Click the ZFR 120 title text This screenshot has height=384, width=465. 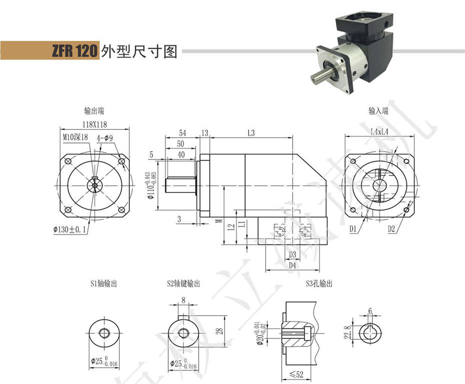pos(74,51)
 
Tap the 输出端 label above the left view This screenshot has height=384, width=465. pos(94,111)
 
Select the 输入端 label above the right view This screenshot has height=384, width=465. pos(378,111)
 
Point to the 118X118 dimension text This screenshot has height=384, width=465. pos(94,124)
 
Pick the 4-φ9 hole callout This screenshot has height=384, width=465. pos(105,136)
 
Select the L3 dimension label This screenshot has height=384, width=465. pos(251,133)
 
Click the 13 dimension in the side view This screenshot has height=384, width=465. pos(204,133)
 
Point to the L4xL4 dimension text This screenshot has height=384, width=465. pos(380,131)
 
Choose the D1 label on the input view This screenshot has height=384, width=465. pos(353,229)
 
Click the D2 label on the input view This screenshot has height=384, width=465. pos(392,229)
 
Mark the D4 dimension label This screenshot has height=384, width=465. pos(292,265)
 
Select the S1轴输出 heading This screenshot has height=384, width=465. pos(104,284)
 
